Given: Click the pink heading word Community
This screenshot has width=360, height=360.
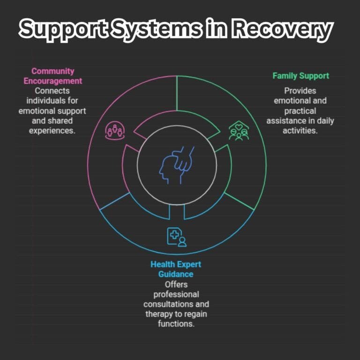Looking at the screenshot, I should click(52, 71).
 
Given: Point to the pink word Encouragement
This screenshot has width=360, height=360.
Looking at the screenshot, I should click(52, 81).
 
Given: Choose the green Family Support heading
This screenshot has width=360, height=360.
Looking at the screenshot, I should click(300, 75).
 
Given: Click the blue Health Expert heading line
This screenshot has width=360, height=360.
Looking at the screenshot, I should click(176, 264).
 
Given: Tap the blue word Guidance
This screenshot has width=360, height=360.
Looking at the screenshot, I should click(176, 274).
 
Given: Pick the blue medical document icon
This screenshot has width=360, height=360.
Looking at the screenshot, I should click(176, 237).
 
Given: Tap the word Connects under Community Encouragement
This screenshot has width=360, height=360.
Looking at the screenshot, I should click(52, 90).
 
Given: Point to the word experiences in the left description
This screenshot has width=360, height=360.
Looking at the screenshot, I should click(52, 131).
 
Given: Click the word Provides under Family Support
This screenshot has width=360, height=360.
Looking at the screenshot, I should click(300, 90).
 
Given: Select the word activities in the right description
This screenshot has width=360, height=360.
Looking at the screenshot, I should click(300, 131).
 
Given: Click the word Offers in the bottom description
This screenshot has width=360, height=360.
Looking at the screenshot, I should click(176, 284).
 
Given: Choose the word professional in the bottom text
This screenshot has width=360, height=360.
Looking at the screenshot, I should click(176, 294).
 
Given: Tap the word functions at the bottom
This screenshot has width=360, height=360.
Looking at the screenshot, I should click(176, 324).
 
